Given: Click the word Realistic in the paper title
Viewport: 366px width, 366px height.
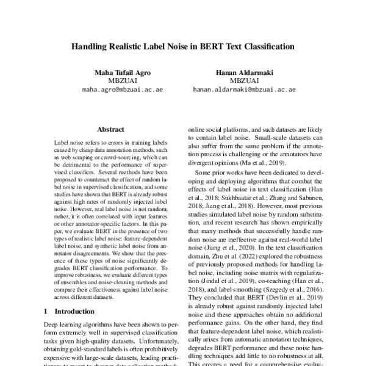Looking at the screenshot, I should [138, 46].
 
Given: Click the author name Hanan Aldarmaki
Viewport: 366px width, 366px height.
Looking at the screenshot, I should [244, 73].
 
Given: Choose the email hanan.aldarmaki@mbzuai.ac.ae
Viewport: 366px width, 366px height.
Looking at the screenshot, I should [244, 89].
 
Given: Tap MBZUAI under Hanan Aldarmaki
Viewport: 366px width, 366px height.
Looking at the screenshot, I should [244, 81].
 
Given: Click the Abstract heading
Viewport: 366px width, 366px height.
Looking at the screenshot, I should [110, 129].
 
